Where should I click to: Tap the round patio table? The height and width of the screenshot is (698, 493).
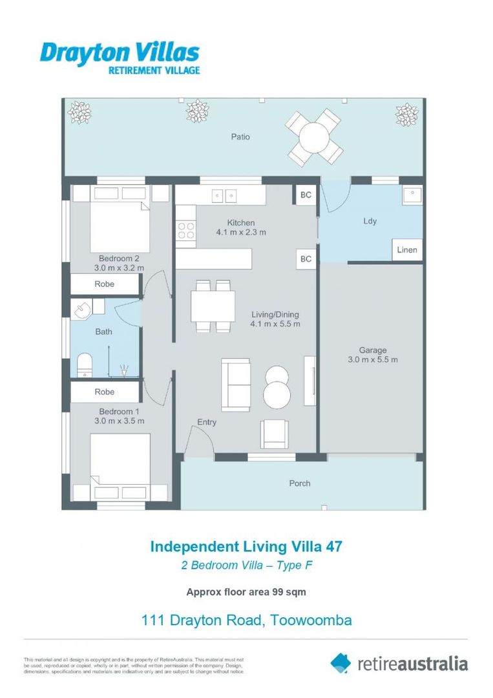[315, 138]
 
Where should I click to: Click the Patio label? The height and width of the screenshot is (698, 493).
[240, 137]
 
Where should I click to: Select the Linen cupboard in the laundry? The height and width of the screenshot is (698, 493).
[407, 249]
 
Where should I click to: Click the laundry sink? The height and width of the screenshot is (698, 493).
[412, 195]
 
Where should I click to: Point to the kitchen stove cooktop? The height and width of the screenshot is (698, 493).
[186, 231]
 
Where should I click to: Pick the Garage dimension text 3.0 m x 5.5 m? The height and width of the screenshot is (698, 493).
[373, 360]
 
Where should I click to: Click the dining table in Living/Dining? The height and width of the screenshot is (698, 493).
[213, 305]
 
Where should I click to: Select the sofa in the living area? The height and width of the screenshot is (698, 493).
[236, 385]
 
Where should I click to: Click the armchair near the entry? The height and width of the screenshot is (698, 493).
[275, 434]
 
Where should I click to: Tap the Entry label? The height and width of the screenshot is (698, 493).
[207, 422]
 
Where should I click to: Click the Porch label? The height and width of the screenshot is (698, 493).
[300, 483]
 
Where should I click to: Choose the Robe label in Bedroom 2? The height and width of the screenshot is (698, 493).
[105, 284]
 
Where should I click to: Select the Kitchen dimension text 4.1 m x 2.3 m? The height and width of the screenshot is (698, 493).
[240, 232]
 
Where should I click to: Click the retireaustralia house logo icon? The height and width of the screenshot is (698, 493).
[341, 662]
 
